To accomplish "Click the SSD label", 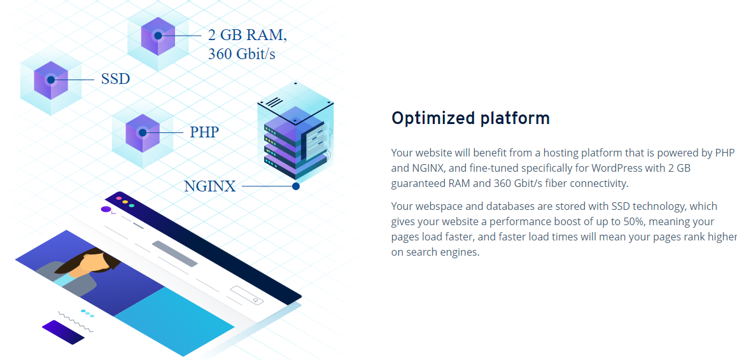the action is tap(115, 78).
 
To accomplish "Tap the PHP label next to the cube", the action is tap(204, 132).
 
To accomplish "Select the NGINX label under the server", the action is tap(209, 186).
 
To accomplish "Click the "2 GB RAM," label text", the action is tap(247, 35).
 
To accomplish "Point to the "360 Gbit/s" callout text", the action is tap(242, 54).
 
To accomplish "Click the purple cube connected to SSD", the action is tap(51, 80).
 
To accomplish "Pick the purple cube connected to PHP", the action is tap(143, 133).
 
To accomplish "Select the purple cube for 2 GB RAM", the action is tap(158, 36).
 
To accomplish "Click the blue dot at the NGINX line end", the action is tap(296, 186).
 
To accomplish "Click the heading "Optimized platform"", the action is tap(470, 118).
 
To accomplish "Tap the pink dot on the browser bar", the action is tap(119, 199).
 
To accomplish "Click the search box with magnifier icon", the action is tap(247, 295).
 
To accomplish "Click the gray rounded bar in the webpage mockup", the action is tap(174, 254).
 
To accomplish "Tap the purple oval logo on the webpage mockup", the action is tap(106, 209).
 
